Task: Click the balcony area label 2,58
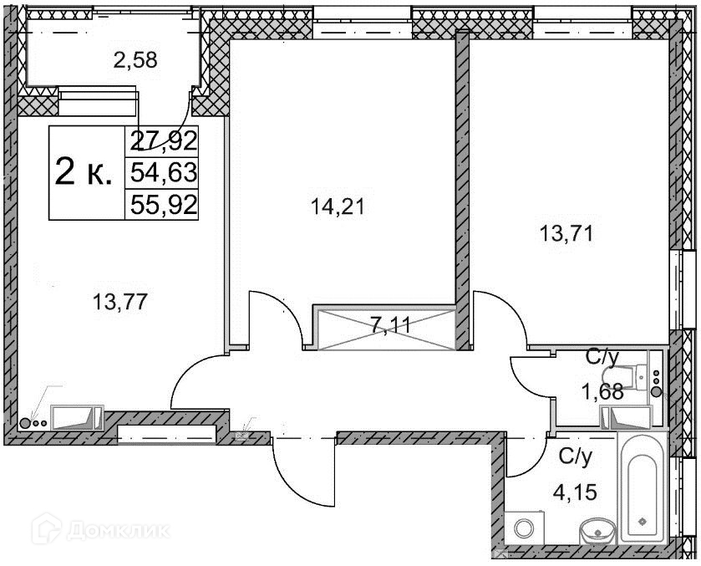[x=135, y=60]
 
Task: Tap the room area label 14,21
[x=338, y=207]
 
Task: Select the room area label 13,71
[x=566, y=233]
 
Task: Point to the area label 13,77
[x=119, y=302]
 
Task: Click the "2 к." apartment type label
[x=84, y=173]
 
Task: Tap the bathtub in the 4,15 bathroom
[x=643, y=488]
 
